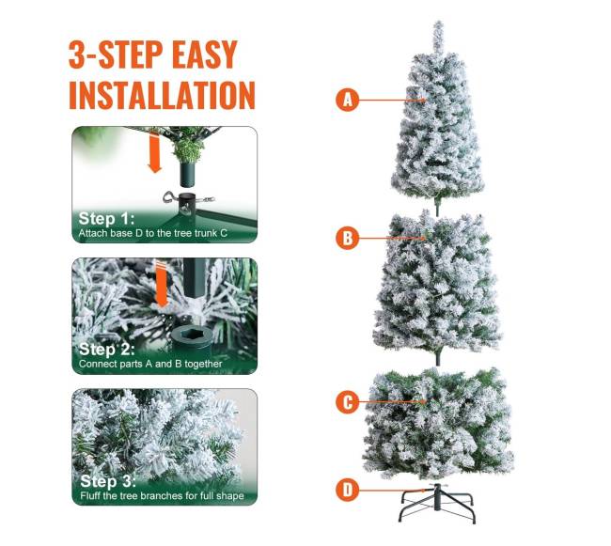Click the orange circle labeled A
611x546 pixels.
347,100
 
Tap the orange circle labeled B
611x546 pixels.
347,238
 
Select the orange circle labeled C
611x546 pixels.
347,401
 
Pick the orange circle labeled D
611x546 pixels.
347,489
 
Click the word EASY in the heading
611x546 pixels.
205,55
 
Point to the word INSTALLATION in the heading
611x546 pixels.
162,95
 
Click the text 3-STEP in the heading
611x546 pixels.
117,55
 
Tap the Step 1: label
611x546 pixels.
106,218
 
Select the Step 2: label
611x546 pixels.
107,349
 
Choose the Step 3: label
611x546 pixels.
108,481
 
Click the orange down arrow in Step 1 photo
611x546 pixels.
155,152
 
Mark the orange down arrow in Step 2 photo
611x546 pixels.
162,285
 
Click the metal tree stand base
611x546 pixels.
437,503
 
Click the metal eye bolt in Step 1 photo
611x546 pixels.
170,197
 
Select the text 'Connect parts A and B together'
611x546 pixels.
150,364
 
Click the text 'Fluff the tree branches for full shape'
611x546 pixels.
162,496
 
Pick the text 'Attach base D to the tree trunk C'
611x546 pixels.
152,233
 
